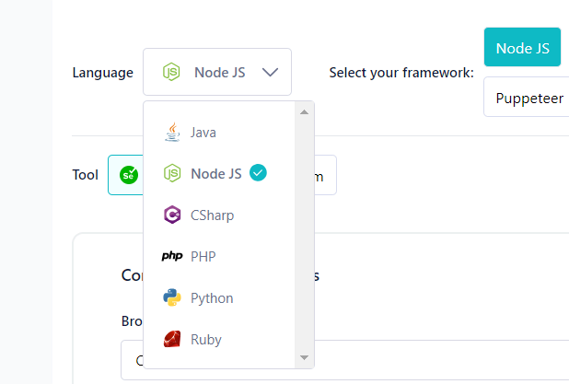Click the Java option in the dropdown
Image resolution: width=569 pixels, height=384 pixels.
203,133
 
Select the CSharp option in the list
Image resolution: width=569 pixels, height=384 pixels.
212,215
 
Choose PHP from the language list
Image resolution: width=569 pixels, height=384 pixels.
203,257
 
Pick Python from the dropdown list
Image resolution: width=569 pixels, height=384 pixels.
212,298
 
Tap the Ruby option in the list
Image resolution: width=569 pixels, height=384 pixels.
206,340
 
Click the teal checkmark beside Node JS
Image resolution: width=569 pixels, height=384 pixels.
259,172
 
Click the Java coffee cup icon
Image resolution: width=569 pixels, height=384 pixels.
172,133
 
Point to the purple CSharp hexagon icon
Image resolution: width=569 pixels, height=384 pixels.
172,215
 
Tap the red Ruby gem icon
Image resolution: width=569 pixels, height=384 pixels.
172,340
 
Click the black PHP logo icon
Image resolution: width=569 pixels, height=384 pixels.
172,257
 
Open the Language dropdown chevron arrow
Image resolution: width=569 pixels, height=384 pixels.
270,72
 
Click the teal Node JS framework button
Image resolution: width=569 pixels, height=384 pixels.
522,48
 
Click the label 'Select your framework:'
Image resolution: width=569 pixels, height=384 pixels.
401,73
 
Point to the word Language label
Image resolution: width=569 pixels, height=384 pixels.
102,73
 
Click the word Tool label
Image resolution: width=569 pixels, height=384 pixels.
86,175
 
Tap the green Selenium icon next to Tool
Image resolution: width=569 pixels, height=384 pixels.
129,175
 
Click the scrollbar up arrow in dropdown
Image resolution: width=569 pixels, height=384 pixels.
305,111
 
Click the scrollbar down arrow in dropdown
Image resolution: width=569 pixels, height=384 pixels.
305,357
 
